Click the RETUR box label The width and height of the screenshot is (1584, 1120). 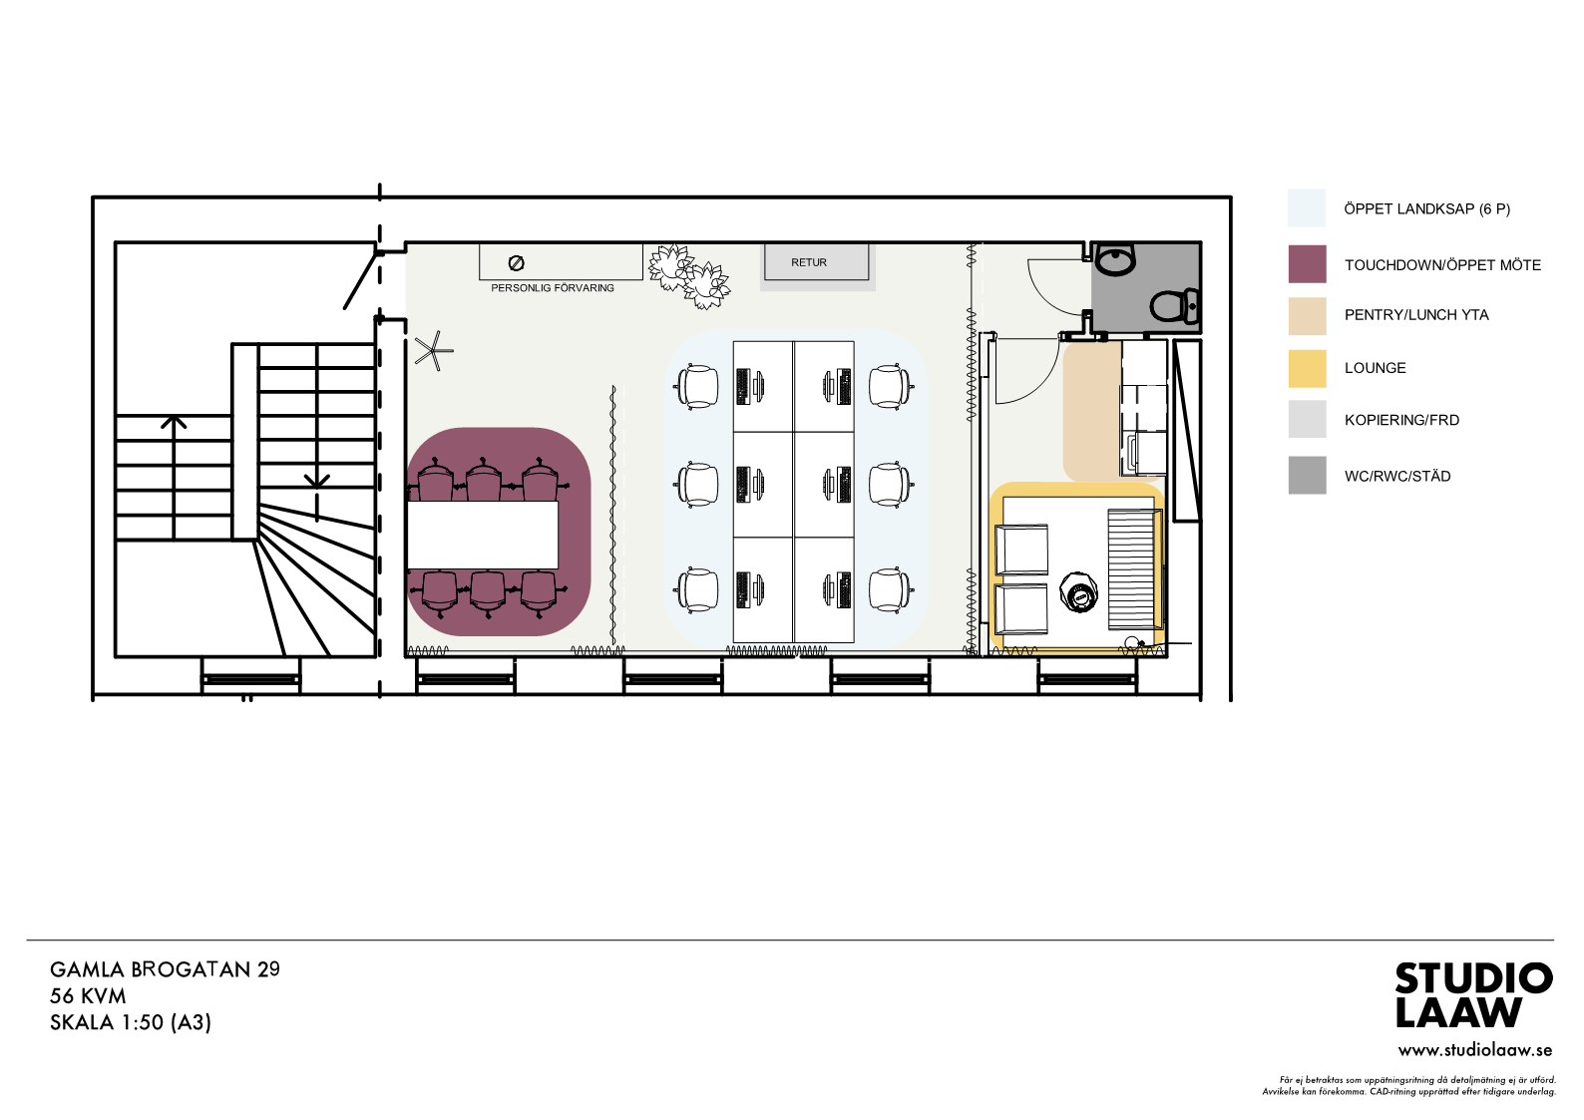coord(808,262)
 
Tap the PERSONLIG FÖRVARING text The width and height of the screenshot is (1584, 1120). coord(553,288)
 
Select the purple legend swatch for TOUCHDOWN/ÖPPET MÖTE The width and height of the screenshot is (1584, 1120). coord(1307,264)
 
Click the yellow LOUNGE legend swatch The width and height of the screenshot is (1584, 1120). coord(1307,368)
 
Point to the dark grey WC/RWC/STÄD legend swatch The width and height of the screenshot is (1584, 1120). coord(1307,475)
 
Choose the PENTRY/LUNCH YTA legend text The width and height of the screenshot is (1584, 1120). coord(1416,315)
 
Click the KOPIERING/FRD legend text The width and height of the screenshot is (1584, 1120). coord(1401,420)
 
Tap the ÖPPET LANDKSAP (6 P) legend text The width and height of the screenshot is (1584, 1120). coord(1427,209)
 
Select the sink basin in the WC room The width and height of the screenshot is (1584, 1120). coord(1115,259)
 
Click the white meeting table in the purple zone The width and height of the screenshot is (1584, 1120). coord(483,535)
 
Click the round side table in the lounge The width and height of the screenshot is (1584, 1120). coord(1079,592)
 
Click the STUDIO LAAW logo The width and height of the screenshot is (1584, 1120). coord(1473,995)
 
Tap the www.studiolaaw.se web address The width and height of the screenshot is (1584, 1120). coord(1475,1050)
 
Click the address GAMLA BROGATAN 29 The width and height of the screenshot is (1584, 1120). coord(165,969)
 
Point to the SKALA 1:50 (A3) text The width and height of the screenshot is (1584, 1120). coord(130,1022)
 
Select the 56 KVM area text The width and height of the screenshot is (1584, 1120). coord(88,996)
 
